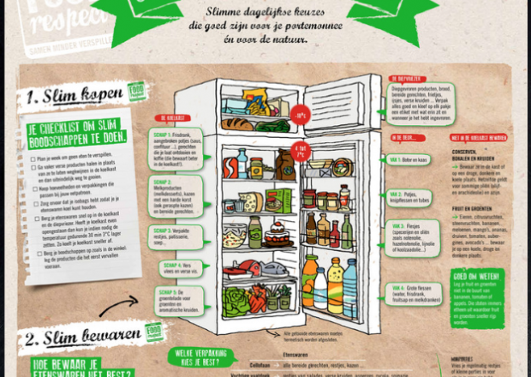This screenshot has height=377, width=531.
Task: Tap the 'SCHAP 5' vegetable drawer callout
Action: pos(176,301)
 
